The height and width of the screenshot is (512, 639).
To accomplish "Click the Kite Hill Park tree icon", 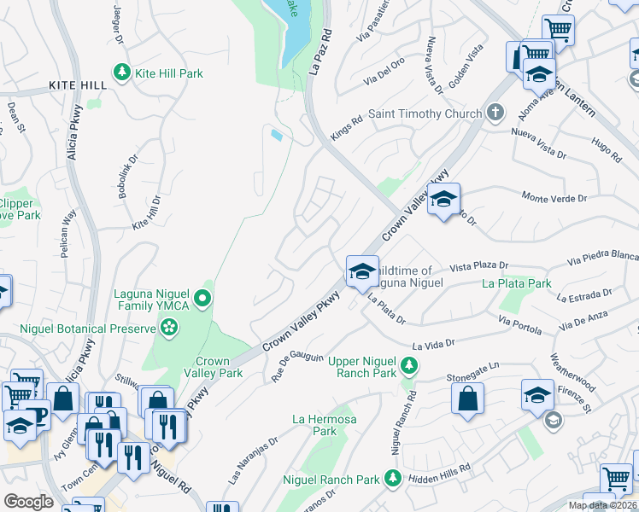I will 122,73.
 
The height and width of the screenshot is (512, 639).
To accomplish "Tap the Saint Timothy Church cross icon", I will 495,113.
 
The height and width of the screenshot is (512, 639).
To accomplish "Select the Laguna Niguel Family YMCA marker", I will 202,298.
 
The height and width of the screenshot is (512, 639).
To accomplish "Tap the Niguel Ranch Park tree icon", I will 392,479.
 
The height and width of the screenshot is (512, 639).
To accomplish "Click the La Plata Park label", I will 516,283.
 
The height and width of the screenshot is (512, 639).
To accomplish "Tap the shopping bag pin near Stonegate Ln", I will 467,398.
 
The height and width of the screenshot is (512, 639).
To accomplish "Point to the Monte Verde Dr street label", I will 554,198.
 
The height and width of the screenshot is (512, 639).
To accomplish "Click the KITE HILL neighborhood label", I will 78,86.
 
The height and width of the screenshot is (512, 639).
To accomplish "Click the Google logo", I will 28,502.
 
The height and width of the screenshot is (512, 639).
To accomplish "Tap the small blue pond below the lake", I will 277,135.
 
